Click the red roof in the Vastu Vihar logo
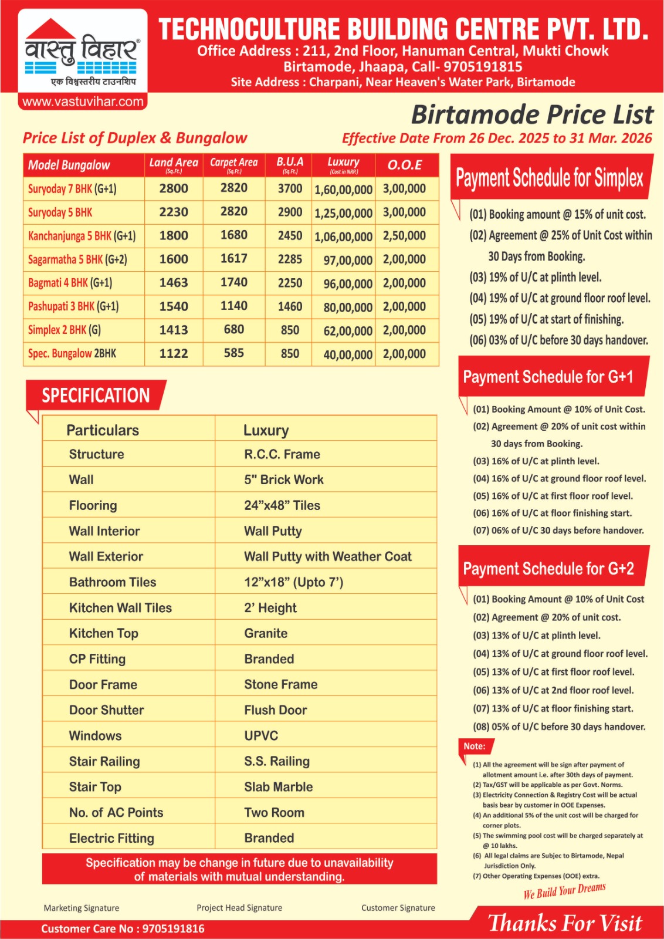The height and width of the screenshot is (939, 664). (51, 29)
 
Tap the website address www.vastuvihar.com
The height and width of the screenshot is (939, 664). (83, 102)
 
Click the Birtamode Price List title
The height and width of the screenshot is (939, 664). (531, 114)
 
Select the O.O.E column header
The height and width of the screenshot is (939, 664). (405, 165)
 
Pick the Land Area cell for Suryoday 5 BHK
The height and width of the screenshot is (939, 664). (174, 212)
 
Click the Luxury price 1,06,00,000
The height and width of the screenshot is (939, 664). (343, 237)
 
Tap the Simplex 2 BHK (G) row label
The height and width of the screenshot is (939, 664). (65, 330)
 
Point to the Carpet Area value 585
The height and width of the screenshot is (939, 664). (233, 353)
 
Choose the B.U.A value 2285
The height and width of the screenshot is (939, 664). (290, 259)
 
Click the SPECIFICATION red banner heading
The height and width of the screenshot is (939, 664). (96, 396)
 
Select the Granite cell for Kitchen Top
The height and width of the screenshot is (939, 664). (266, 633)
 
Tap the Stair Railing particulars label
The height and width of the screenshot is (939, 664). (104, 761)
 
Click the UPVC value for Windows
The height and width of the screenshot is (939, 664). (261, 735)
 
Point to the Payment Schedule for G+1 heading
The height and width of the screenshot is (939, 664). (548, 377)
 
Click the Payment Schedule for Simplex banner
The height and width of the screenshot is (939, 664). (549, 177)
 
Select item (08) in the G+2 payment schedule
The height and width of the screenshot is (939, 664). (558, 727)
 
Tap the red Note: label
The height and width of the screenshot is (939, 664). (474, 746)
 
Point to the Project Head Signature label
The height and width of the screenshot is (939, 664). (239, 907)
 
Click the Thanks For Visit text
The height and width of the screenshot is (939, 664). (565, 923)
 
